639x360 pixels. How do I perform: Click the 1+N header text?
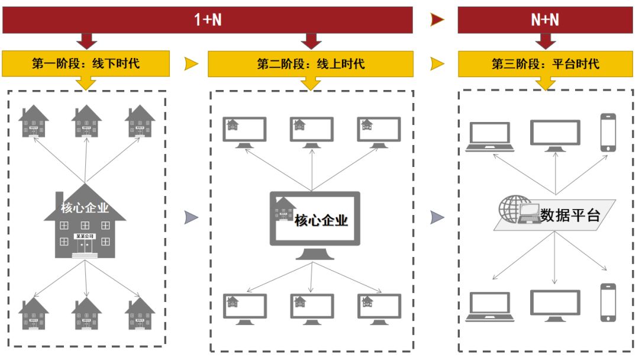pyautogui.click(x=208, y=20)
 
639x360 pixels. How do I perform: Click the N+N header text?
pyautogui.click(x=545, y=20)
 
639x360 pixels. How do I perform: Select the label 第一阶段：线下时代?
pyautogui.click(x=86, y=63)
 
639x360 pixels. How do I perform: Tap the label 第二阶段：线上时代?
pyautogui.click(x=311, y=63)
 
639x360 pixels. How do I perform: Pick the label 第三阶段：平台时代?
pyautogui.click(x=545, y=63)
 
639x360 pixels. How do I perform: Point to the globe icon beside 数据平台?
pyautogui.click(x=512, y=209)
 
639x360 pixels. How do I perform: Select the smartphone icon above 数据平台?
pyautogui.click(x=608, y=132)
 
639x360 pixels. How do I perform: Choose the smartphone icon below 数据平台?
pyautogui.click(x=608, y=302)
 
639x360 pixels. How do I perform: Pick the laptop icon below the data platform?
pyautogui.click(x=488, y=306)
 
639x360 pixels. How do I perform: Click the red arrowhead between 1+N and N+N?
pyautogui.click(x=437, y=20)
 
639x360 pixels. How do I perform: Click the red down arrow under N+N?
pyautogui.click(x=546, y=41)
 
